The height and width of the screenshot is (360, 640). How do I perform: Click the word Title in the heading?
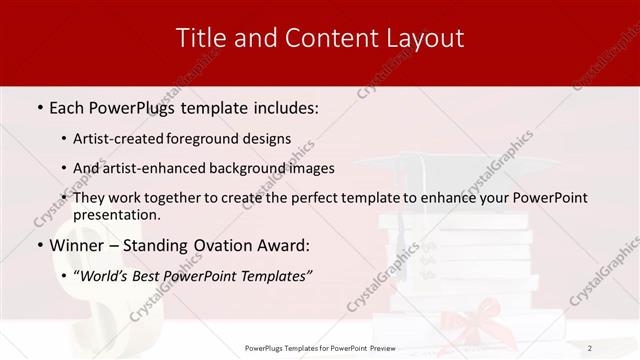[x=199, y=39]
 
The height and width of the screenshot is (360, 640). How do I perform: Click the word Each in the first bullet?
[x=68, y=106]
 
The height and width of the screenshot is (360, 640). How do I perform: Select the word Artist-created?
[x=130, y=138]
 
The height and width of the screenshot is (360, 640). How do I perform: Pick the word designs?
[x=269, y=138]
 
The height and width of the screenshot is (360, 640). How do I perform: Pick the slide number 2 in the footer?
[x=590, y=348]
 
